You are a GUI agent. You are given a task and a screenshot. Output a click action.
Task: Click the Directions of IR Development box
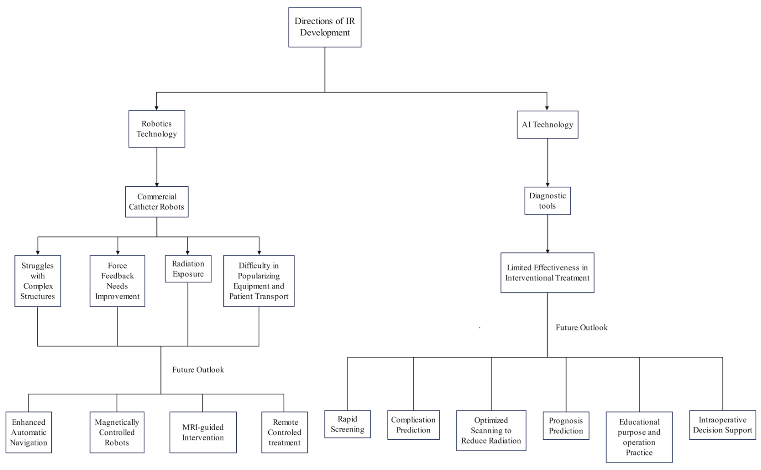(324, 27)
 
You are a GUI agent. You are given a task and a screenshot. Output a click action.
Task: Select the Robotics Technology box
(157, 129)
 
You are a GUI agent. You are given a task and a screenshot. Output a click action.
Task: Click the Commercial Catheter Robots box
(157, 202)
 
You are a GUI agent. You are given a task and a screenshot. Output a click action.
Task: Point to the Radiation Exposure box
(188, 269)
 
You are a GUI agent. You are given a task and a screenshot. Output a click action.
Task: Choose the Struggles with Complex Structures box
(38, 281)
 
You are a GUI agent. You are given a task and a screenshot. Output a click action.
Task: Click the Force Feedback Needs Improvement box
(117, 281)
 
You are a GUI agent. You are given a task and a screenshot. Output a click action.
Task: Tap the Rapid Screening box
(347, 424)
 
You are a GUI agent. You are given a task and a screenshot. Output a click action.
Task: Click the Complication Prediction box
(413, 425)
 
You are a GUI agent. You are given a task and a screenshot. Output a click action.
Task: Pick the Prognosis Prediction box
(566, 426)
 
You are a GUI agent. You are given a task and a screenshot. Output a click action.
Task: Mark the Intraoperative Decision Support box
(722, 425)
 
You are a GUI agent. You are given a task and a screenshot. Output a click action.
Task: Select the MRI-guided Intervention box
(203, 432)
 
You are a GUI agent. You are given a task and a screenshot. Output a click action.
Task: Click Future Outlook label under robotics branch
(198, 370)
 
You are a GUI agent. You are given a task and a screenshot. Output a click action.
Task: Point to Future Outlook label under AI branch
(581, 327)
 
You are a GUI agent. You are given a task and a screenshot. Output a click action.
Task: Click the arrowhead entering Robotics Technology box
(157, 108)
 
